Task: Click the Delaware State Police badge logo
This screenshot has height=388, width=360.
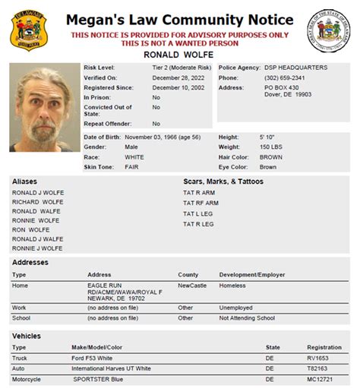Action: tap(27, 30)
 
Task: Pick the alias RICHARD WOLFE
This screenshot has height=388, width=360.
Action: tap(37, 203)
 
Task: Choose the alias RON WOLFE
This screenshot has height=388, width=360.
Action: tap(30, 230)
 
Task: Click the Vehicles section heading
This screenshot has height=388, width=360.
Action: tap(27, 336)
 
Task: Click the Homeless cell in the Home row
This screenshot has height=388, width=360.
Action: tap(232, 285)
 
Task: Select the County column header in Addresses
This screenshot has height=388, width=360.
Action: tap(188, 274)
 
